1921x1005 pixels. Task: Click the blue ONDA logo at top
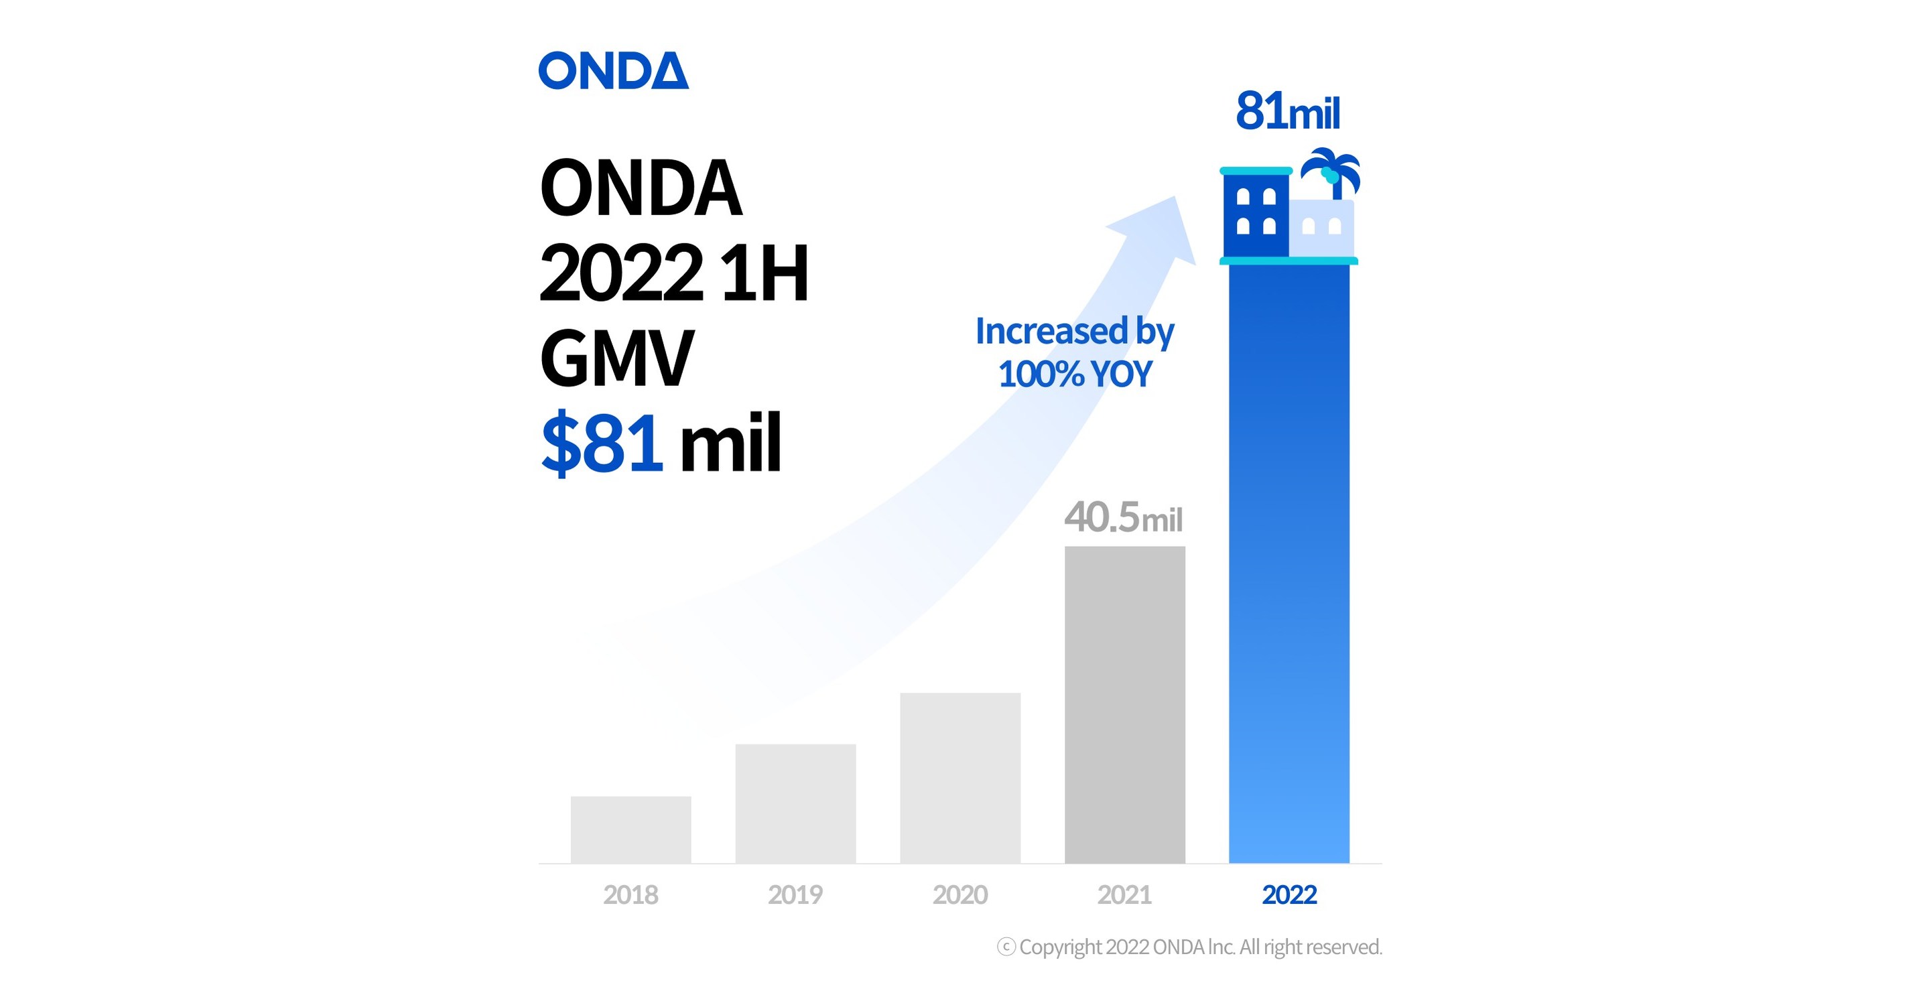613,71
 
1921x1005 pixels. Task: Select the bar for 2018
631,829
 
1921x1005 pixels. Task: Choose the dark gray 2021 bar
1124,705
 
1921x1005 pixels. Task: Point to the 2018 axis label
631,894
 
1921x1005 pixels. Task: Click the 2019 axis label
796,894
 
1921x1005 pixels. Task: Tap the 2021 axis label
1124,894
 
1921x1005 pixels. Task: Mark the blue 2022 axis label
1289,894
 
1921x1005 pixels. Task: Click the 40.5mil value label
1123,517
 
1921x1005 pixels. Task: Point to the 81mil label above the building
1288,112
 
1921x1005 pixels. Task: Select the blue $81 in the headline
602,444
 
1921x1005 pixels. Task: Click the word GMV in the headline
616,359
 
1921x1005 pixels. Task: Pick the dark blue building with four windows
1256,213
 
